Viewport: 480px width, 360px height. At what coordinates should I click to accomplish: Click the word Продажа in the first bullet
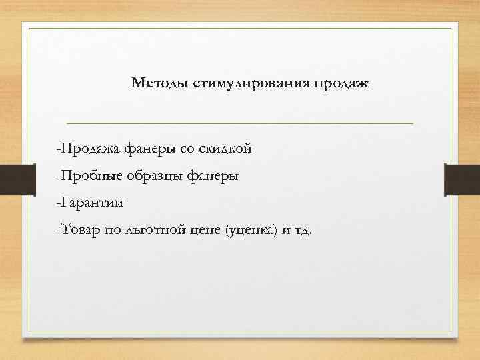click(x=89, y=149)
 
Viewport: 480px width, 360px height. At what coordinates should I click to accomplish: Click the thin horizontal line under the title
click(x=240, y=123)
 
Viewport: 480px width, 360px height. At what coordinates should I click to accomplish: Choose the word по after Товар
click(x=111, y=231)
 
